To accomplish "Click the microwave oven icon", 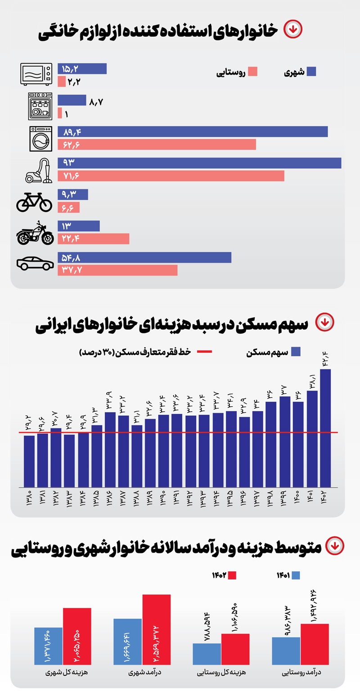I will [36, 74].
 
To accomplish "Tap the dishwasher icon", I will [40, 106].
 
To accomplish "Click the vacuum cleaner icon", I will [39, 170].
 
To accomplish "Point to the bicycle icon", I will [34, 202].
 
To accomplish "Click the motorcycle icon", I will [35, 233].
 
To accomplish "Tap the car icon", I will [35, 264].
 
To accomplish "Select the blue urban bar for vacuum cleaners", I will [199, 163].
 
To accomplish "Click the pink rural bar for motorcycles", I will [93, 238].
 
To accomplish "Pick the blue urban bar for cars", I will [144, 257].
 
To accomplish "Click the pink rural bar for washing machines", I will [157, 144].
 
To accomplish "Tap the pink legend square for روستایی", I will [252, 72].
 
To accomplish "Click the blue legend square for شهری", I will [311, 72].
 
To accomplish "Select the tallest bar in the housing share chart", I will [325, 427].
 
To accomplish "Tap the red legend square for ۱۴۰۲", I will [232, 575].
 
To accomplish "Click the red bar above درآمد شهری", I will [157, 629].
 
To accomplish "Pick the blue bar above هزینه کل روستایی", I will [207, 654].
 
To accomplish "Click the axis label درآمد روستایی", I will [300, 674].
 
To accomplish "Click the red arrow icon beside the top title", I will [293, 29].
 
